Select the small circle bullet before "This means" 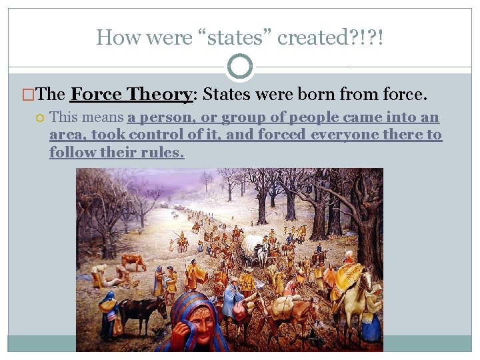pos(40,118)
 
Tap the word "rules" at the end pos(164,152)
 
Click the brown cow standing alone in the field pos(135,260)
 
